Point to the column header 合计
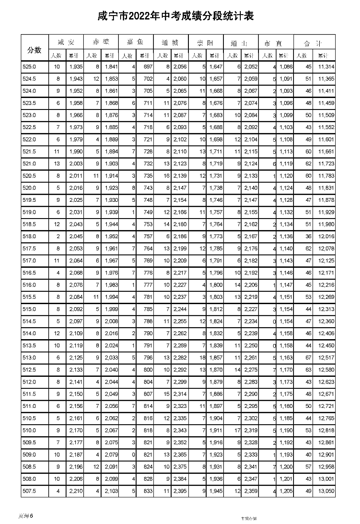point(313,43)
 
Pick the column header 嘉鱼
point(136,43)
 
